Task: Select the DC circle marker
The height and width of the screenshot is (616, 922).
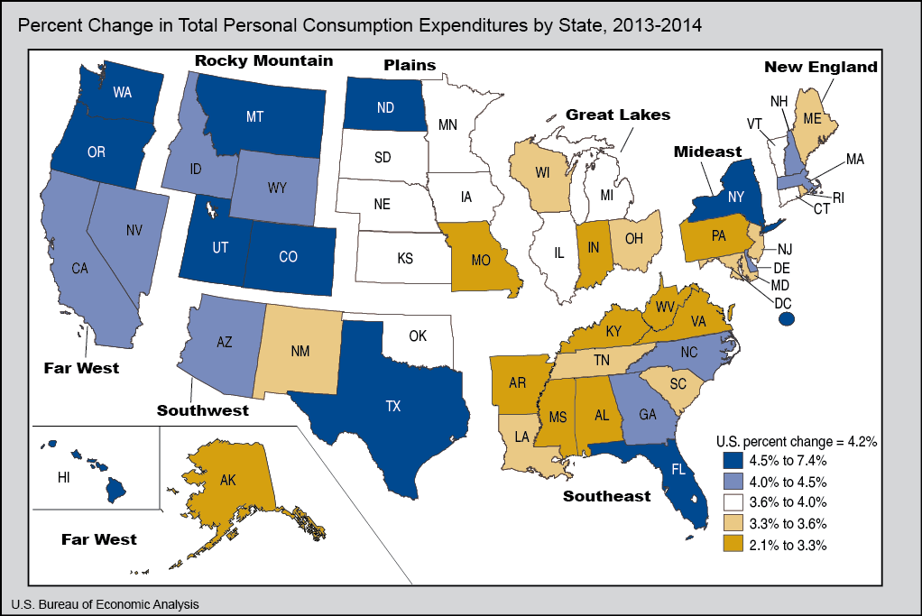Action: pos(786,319)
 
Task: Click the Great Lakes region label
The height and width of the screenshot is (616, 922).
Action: pos(618,115)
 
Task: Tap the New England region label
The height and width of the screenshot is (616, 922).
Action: pos(820,67)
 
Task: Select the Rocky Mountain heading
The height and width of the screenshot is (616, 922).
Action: pos(263,60)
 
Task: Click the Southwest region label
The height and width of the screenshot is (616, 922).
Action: pos(203,409)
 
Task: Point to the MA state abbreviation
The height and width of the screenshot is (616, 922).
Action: pos(855,160)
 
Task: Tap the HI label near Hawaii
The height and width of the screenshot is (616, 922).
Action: pos(62,478)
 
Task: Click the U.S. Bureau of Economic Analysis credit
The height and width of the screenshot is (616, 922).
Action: pos(105,603)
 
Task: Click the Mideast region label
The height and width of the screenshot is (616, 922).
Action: pos(707,152)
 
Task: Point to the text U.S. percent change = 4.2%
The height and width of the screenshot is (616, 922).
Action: pos(797,441)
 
